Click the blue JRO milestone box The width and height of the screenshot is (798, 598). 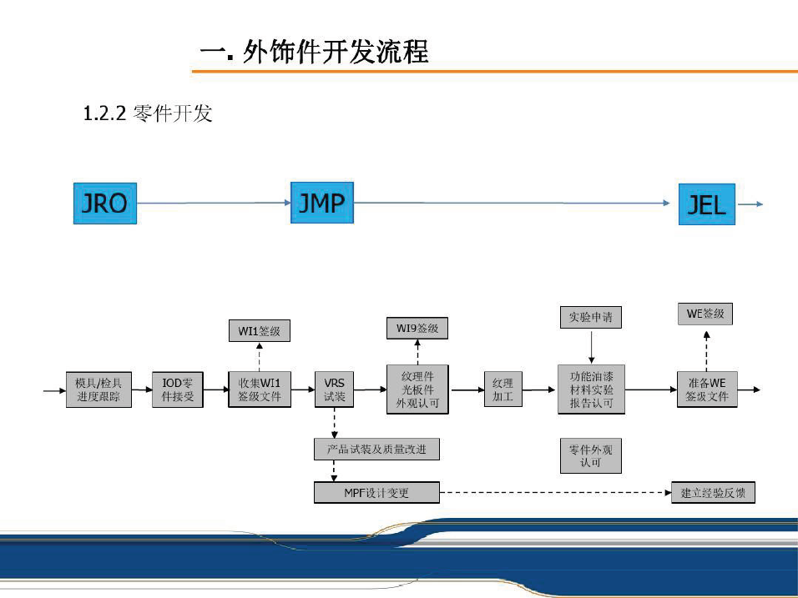(x=105, y=202)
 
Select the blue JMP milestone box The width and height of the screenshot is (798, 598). (x=321, y=202)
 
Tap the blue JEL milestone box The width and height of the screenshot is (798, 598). (x=706, y=204)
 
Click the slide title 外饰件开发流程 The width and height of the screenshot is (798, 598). (x=315, y=53)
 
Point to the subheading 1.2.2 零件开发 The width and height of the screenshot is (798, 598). (x=148, y=113)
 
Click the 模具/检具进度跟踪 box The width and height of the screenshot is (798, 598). (x=98, y=389)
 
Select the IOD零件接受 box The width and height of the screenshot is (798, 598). (x=177, y=389)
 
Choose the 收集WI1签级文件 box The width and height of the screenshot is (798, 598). (x=260, y=389)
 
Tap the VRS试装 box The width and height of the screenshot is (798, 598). (x=334, y=389)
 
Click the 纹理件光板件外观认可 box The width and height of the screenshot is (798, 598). (x=417, y=389)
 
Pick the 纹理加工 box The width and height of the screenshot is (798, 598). (x=503, y=389)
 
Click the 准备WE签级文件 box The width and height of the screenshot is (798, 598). (x=706, y=389)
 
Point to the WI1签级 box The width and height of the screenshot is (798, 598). (x=260, y=331)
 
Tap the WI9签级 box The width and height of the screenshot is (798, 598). (x=417, y=328)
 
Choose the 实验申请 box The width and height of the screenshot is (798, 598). (x=590, y=317)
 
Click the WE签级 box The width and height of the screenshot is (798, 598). (x=705, y=314)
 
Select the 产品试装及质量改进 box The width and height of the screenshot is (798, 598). (x=377, y=450)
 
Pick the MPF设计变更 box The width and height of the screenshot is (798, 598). (x=376, y=493)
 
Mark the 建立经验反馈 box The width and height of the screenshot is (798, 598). (x=713, y=493)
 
